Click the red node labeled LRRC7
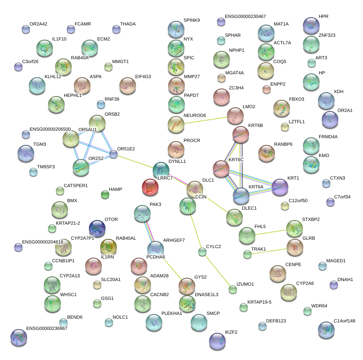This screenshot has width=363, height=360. pyautogui.click(x=150, y=188)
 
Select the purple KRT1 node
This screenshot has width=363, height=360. pyautogui.click(x=280, y=187)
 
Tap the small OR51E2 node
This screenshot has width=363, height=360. pyautogui.click(x=113, y=155)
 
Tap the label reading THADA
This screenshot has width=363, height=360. pyautogui.click(x=128, y=24)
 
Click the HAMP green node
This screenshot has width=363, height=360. pyautogui.click(x=105, y=195)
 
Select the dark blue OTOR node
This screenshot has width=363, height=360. pyautogui.click(x=97, y=229)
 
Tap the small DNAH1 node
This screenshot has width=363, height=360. pyautogui.click(x=333, y=285)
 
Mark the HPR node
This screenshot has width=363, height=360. pyautogui.click(x=311, y=25)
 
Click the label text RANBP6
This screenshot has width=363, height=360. pyautogui.click(x=283, y=144)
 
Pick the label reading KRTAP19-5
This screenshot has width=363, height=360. pyautogui.click(x=259, y=302)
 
